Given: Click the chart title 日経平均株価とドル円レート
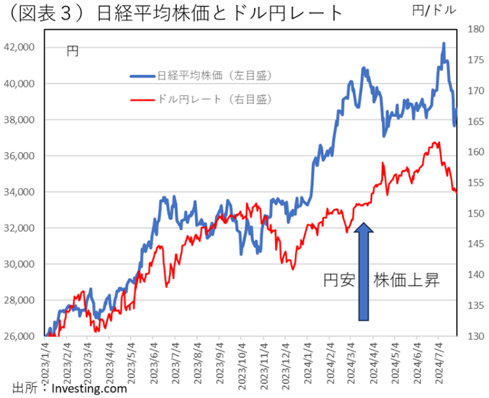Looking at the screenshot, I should coord(220,14).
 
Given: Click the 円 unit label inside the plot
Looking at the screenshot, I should coord(72,52).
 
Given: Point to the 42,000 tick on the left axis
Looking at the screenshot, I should coord(20,47).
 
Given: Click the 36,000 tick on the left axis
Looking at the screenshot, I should coord(20,156).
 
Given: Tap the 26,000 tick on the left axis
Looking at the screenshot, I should coord(20,336).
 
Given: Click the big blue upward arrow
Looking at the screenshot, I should coord(364,272).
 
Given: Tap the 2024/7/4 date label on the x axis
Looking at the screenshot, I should coord(439,362).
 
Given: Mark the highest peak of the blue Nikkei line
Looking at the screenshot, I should coord(443,43).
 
